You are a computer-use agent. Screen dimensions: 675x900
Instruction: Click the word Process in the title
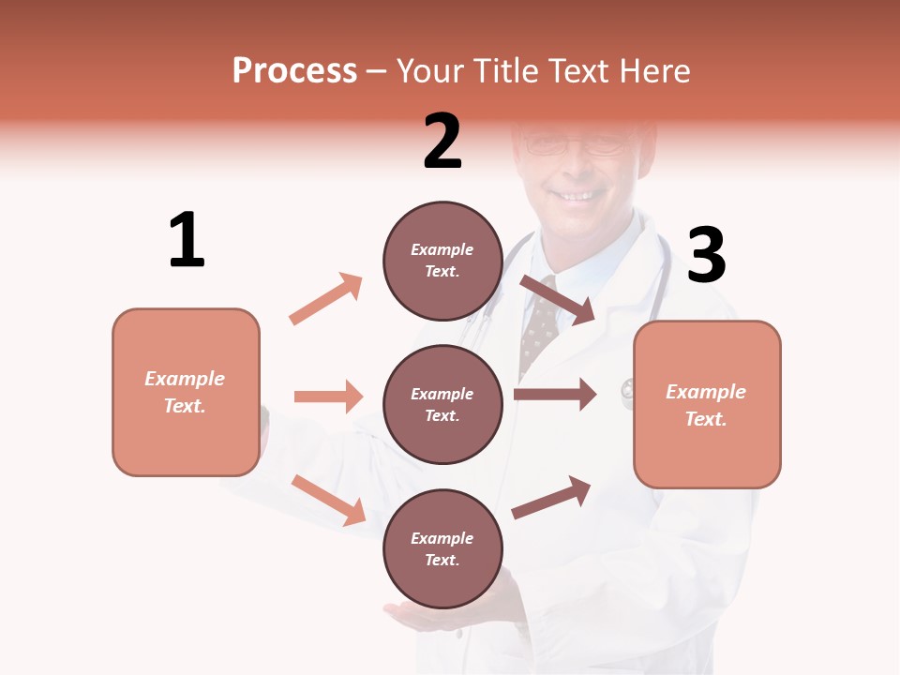tap(294, 71)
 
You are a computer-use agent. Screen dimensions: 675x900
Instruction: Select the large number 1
tap(187, 241)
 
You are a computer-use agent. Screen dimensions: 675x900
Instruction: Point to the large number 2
tap(442, 142)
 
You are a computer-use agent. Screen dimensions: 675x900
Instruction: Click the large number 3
tap(706, 255)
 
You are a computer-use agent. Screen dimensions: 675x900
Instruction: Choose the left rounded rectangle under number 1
tap(186, 392)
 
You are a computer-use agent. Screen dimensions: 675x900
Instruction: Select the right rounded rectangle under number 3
tap(707, 404)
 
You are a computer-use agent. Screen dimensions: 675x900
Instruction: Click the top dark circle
tap(442, 261)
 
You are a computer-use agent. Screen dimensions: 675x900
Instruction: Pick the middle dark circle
tap(442, 404)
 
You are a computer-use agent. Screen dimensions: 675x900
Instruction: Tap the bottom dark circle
tap(442, 548)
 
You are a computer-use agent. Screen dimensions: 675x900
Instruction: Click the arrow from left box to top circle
tap(326, 299)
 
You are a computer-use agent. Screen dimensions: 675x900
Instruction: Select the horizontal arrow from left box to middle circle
tap(328, 397)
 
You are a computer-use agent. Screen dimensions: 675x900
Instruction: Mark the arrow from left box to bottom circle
tap(328, 500)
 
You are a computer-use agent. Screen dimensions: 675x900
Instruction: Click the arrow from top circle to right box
tap(557, 299)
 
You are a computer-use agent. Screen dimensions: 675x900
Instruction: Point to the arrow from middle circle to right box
tap(555, 395)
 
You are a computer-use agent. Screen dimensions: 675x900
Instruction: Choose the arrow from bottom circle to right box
tap(551, 497)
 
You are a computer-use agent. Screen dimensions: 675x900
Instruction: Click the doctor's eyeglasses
tap(574, 146)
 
